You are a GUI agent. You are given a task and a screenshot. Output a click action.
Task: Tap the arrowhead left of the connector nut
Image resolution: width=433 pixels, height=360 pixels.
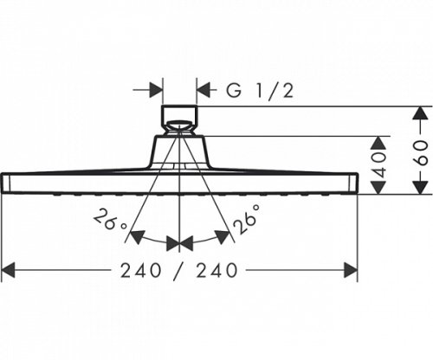[156, 88]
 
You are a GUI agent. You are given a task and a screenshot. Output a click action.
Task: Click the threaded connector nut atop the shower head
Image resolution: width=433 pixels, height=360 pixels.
[179, 119]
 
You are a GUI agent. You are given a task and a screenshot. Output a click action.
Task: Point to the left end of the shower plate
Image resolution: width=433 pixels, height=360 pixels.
[6, 183]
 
